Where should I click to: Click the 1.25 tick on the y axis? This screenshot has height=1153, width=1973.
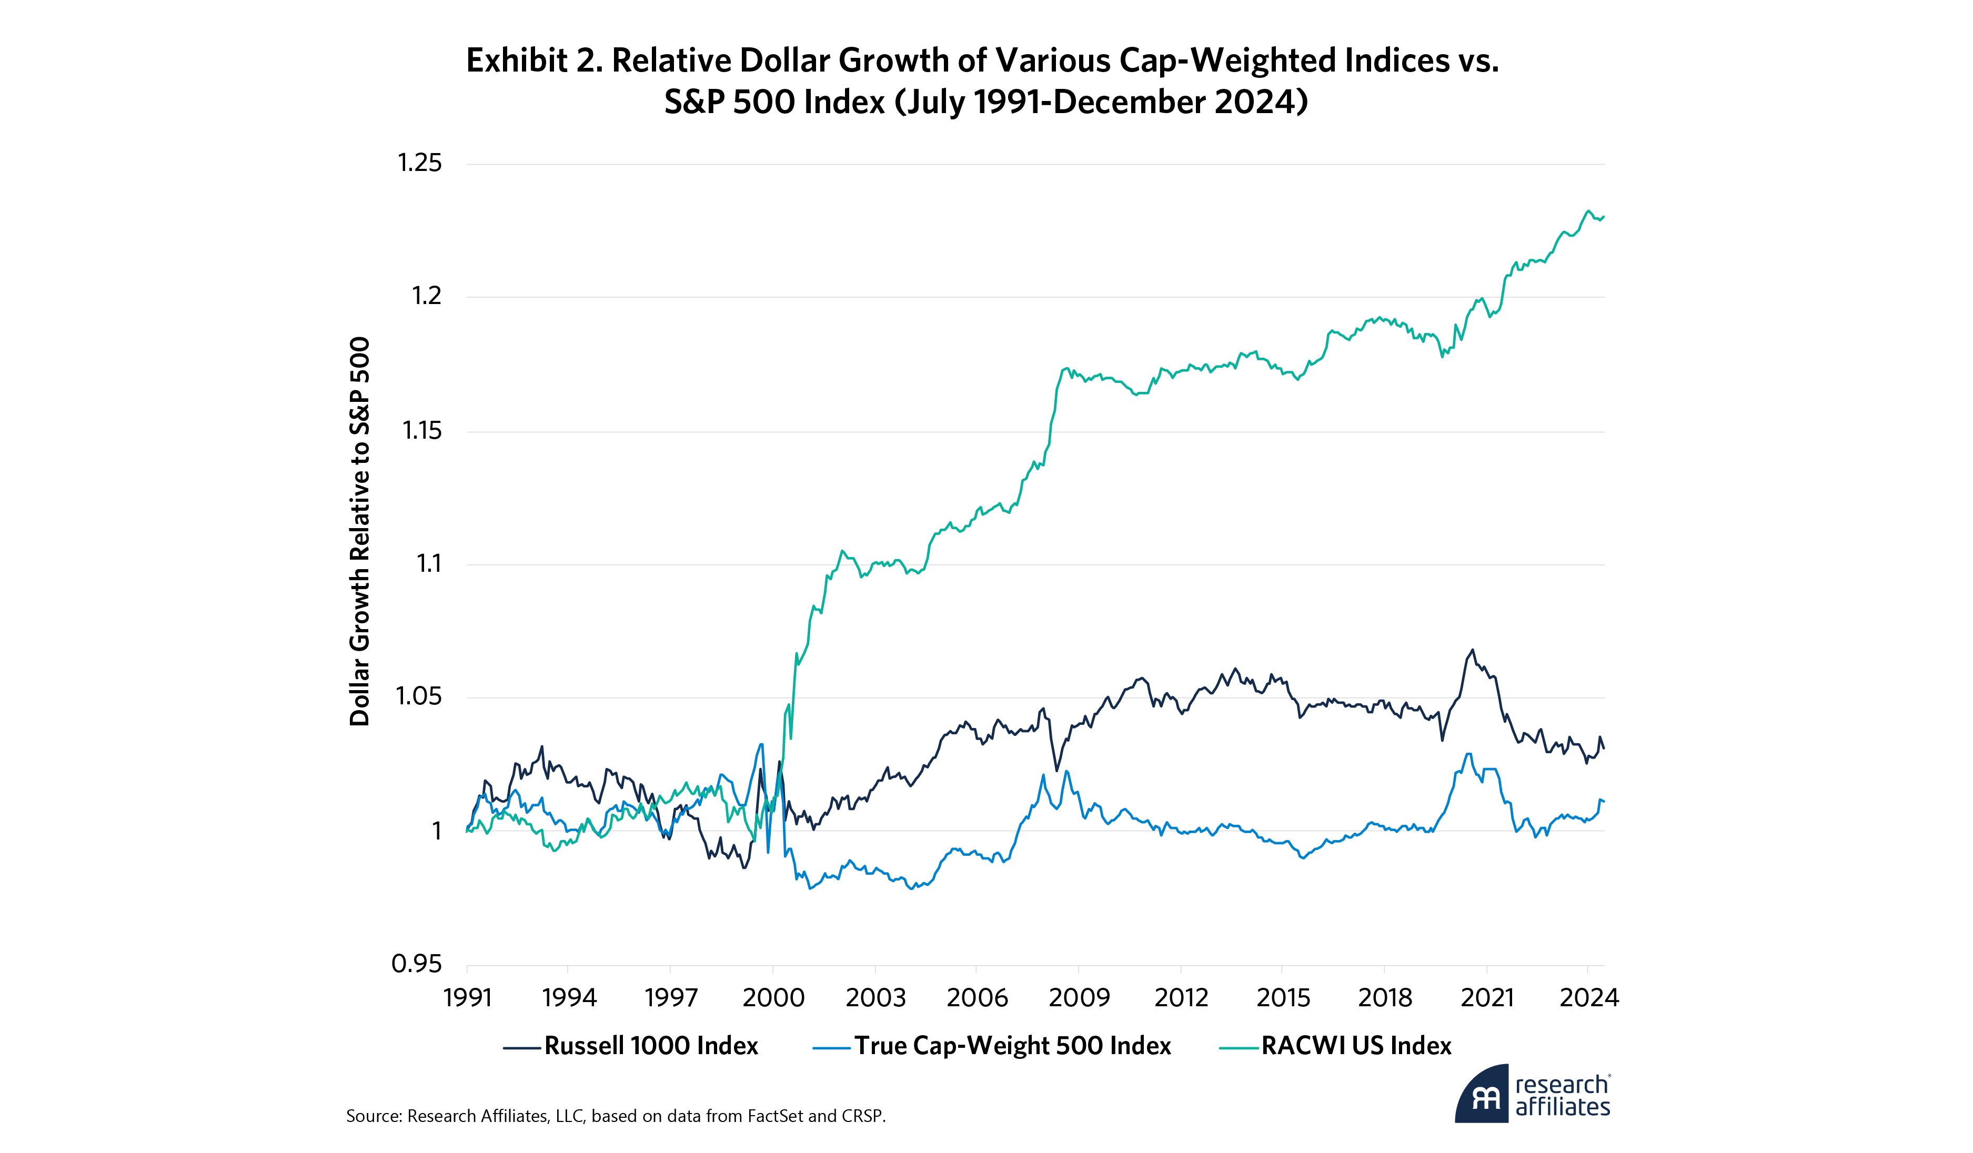tap(420, 163)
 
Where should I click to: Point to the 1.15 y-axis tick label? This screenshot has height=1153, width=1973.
tap(422, 430)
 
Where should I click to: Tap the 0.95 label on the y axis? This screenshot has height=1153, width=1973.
tap(417, 964)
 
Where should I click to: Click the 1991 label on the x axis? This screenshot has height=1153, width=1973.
tap(467, 998)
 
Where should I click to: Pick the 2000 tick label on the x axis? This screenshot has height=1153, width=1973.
tap(773, 998)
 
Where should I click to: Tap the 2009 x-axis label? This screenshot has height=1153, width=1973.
tap(1079, 998)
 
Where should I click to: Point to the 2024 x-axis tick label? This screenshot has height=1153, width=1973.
tap(1588, 998)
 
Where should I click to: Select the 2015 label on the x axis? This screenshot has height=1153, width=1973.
tap(1283, 998)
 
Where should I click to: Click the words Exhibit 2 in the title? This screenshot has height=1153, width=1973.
tap(534, 61)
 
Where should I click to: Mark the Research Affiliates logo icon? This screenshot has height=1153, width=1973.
tap(1481, 1094)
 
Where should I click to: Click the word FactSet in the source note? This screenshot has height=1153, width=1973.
tap(775, 1116)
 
